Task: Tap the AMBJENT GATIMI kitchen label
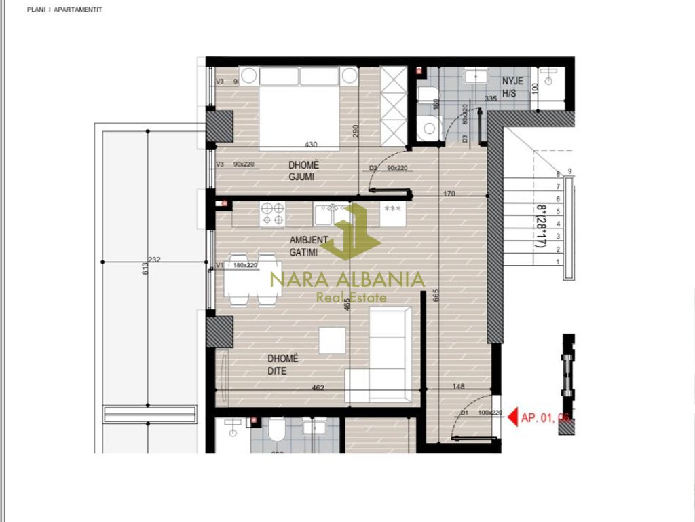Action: pyautogui.click(x=309, y=245)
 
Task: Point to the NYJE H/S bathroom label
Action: pyautogui.click(x=512, y=86)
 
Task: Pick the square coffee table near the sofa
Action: pyautogui.click(x=332, y=340)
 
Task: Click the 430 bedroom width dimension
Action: pyautogui.click(x=311, y=145)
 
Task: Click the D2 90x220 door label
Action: pyautogui.click(x=388, y=168)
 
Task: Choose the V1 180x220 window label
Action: pyautogui.click(x=238, y=265)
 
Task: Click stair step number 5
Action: pyautogui.click(x=557, y=211)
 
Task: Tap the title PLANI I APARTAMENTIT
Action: pyautogui.click(x=64, y=10)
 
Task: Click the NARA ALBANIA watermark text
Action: pyautogui.click(x=347, y=279)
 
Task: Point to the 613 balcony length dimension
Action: pyautogui.click(x=144, y=271)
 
